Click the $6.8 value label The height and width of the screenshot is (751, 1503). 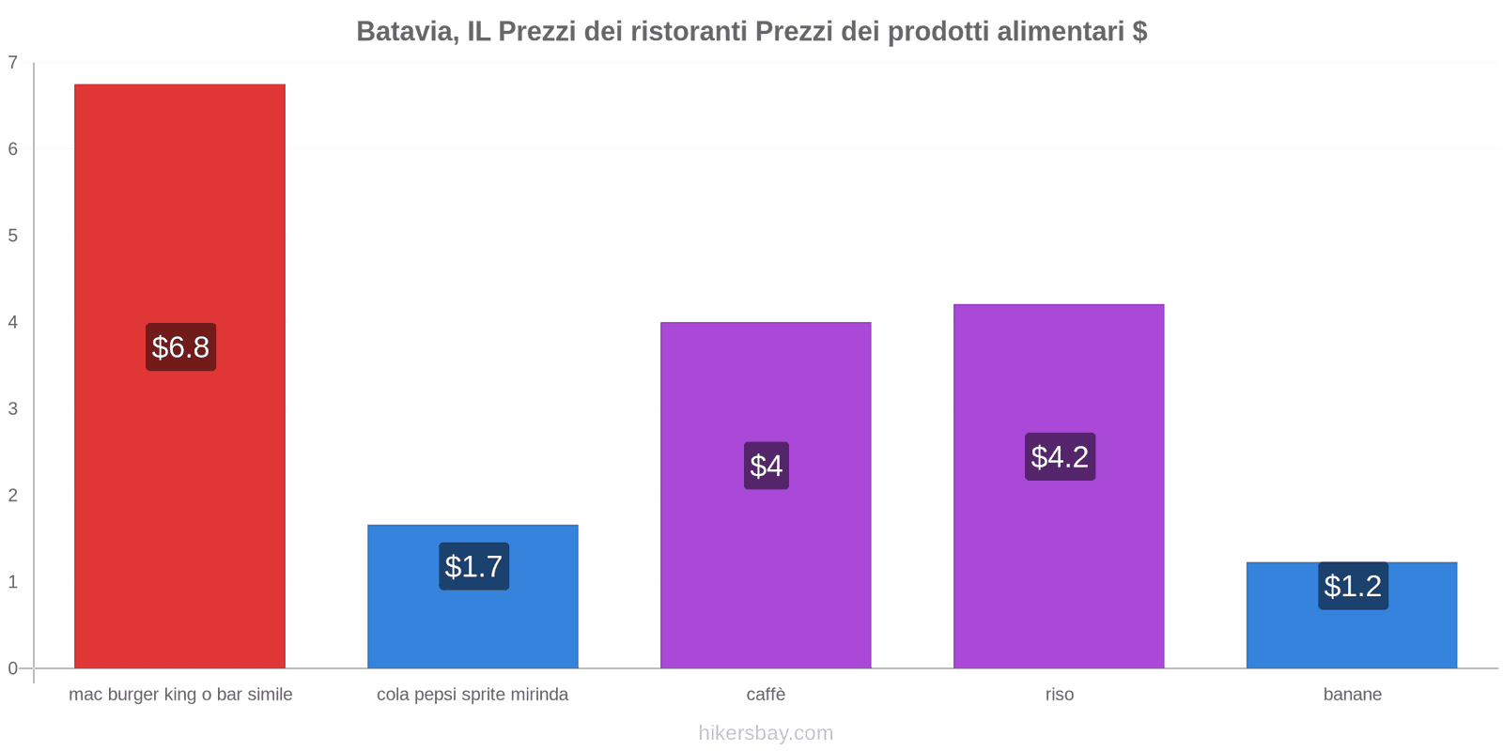pyautogui.click(x=180, y=347)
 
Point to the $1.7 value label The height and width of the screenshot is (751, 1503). pyautogui.click(x=473, y=566)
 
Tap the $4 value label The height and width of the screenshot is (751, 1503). pyautogui.click(x=766, y=466)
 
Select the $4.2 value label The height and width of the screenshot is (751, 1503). pyautogui.click(x=1060, y=457)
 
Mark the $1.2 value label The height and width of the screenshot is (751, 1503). pyautogui.click(x=1353, y=586)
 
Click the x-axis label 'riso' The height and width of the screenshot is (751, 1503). pyautogui.click(x=1059, y=695)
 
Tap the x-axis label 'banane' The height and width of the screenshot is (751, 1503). pyautogui.click(x=1352, y=695)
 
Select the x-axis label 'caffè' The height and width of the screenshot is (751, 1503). pyautogui.click(x=766, y=695)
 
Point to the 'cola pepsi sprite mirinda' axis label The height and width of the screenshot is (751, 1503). pyautogui.click(x=473, y=695)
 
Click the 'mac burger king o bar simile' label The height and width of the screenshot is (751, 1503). pyautogui.click(x=180, y=695)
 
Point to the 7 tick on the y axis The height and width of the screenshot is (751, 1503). pyautogui.click(x=13, y=63)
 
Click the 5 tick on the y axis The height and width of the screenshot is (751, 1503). pyautogui.click(x=13, y=236)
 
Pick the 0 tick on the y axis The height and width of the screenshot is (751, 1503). pyautogui.click(x=13, y=668)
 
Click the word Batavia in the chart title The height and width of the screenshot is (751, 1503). pyautogui.click(x=406, y=32)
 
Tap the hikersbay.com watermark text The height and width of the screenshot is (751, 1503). pyautogui.click(x=766, y=733)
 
